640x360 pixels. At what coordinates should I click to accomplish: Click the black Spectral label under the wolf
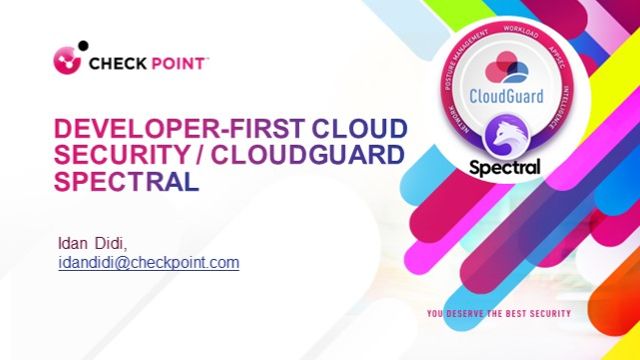tap(505, 167)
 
